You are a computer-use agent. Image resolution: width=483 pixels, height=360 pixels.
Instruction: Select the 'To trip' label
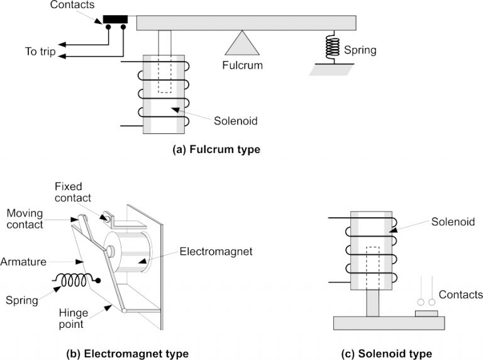click(40, 52)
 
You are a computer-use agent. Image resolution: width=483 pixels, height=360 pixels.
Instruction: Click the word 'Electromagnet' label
click(216, 252)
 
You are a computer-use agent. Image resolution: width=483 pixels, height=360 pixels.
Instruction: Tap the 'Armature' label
click(23, 260)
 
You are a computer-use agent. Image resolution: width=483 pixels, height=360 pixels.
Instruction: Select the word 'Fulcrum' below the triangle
click(242, 65)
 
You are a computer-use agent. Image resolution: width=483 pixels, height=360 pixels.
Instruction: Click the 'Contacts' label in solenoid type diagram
click(460, 295)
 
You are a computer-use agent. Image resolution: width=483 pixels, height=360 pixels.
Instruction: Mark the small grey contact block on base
click(425, 313)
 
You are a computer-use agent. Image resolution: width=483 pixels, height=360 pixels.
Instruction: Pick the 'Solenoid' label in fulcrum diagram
click(236, 121)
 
